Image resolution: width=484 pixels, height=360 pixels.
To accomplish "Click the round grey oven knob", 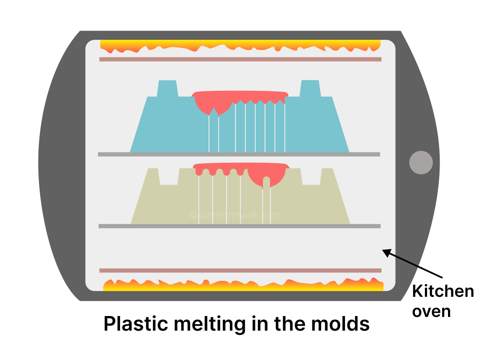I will coord(421,162).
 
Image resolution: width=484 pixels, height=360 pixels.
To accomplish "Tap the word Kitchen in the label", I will coord(443,291).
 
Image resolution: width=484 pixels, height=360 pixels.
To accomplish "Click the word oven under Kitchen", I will coord(431,311).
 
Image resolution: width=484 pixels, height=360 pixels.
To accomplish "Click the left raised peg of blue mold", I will coord(167,88).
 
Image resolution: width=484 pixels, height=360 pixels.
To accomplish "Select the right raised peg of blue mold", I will coord(310,88).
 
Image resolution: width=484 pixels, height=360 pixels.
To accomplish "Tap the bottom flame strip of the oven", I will coord(243,285).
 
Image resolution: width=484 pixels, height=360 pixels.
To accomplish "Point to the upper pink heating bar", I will coord(240,59).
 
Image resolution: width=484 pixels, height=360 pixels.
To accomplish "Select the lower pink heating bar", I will coord(240,270).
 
